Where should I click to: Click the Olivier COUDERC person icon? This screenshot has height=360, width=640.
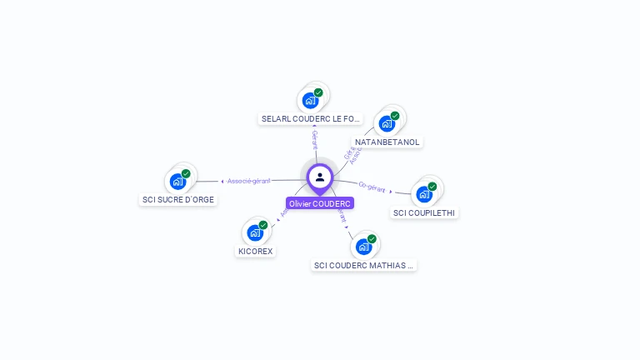pyautogui.click(x=320, y=177)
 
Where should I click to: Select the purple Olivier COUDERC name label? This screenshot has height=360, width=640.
pyautogui.click(x=320, y=203)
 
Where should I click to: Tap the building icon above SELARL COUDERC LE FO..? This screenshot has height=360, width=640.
pyautogui.click(x=311, y=101)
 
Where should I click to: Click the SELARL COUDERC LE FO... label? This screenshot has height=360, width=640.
pyautogui.click(x=311, y=119)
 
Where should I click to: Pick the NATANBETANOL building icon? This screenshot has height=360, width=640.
pyautogui.click(x=387, y=124)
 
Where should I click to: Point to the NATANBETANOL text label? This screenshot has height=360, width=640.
pyautogui.click(x=387, y=142)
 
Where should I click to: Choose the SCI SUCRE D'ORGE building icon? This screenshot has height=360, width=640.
pyautogui.click(x=177, y=182)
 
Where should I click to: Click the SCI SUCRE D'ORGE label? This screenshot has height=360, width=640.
pyautogui.click(x=178, y=200)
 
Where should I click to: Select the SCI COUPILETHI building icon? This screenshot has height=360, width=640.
pyautogui.click(x=424, y=195)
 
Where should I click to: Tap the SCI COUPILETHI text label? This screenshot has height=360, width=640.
pyautogui.click(x=424, y=213)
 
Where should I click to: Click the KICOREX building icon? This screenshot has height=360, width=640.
pyautogui.click(x=255, y=233)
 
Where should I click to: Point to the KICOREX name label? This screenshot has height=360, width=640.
pyautogui.click(x=255, y=252)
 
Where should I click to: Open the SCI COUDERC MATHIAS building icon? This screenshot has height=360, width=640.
pyautogui.click(x=363, y=247)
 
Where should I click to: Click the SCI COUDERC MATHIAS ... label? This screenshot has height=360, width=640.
pyautogui.click(x=363, y=266)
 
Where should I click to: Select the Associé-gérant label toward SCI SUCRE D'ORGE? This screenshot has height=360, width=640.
pyautogui.click(x=248, y=181)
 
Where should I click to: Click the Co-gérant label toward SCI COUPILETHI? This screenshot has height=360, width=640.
pyautogui.click(x=372, y=187)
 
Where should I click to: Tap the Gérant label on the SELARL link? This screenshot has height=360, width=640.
pyautogui.click(x=314, y=140)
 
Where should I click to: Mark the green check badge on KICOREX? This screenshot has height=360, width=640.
pyautogui.click(x=263, y=225)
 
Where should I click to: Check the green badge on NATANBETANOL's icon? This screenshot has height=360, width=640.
pyautogui.click(x=395, y=116)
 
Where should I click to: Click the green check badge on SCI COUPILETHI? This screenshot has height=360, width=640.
pyautogui.click(x=432, y=187)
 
